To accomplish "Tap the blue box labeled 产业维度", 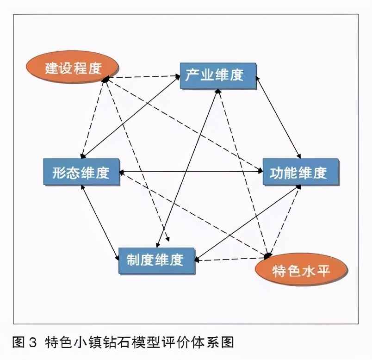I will (218, 76).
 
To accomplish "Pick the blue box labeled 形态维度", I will (81, 173).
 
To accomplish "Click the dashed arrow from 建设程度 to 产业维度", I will (143, 77).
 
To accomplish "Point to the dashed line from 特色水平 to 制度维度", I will (231, 258).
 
